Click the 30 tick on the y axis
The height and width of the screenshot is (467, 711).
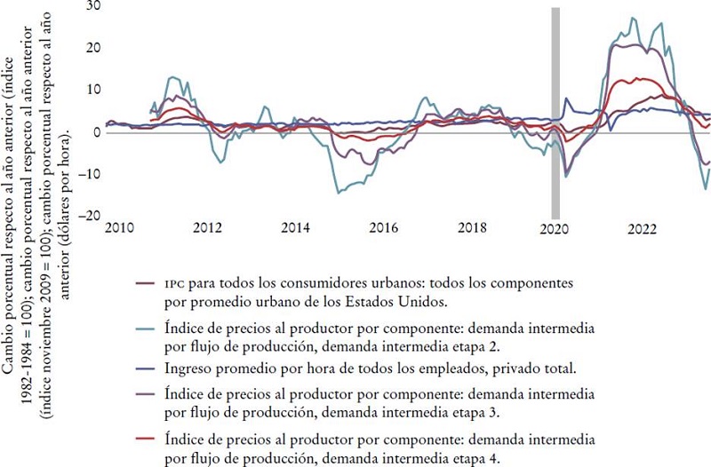click(x=92, y=5)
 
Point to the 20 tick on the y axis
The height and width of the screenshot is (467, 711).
click(x=92, y=48)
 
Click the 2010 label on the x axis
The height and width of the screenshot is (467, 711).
click(x=118, y=229)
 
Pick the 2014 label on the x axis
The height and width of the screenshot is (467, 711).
click(x=295, y=229)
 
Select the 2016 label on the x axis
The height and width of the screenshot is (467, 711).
click(x=383, y=229)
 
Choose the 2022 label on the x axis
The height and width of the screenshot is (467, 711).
click(x=643, y=229)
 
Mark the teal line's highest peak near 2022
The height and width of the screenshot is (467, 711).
click(x=632, y=18)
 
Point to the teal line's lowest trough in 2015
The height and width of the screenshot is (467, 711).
click(x=338, y=192)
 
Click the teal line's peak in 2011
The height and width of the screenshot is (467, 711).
click(x=174, y=77)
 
